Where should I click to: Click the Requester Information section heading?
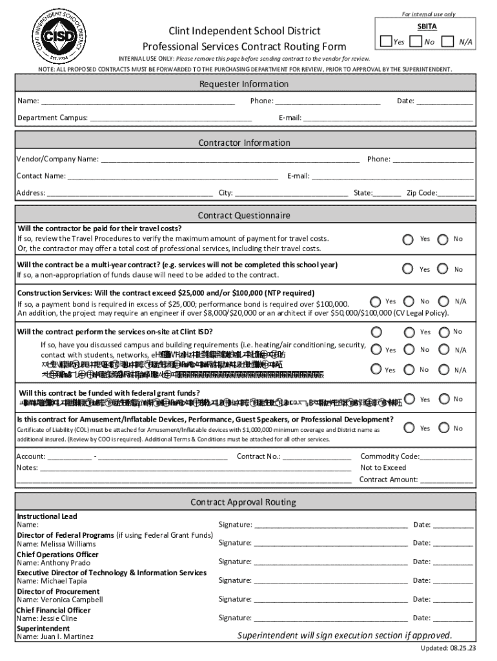coord(244,85)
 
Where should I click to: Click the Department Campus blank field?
coord(170,118)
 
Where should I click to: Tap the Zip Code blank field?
coord(456,193)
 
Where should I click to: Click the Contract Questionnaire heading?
coord(244,216)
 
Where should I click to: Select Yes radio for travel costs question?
coord(408,239)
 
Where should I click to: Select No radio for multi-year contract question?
coord(443,269)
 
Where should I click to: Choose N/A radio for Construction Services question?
coord(443,301)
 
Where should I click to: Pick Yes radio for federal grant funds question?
coord(408,400)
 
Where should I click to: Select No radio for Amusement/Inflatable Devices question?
coord(443,428)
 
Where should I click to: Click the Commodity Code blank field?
coord(447,457)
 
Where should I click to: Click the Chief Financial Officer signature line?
coord(331,618)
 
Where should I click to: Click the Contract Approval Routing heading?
coord(244,502)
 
